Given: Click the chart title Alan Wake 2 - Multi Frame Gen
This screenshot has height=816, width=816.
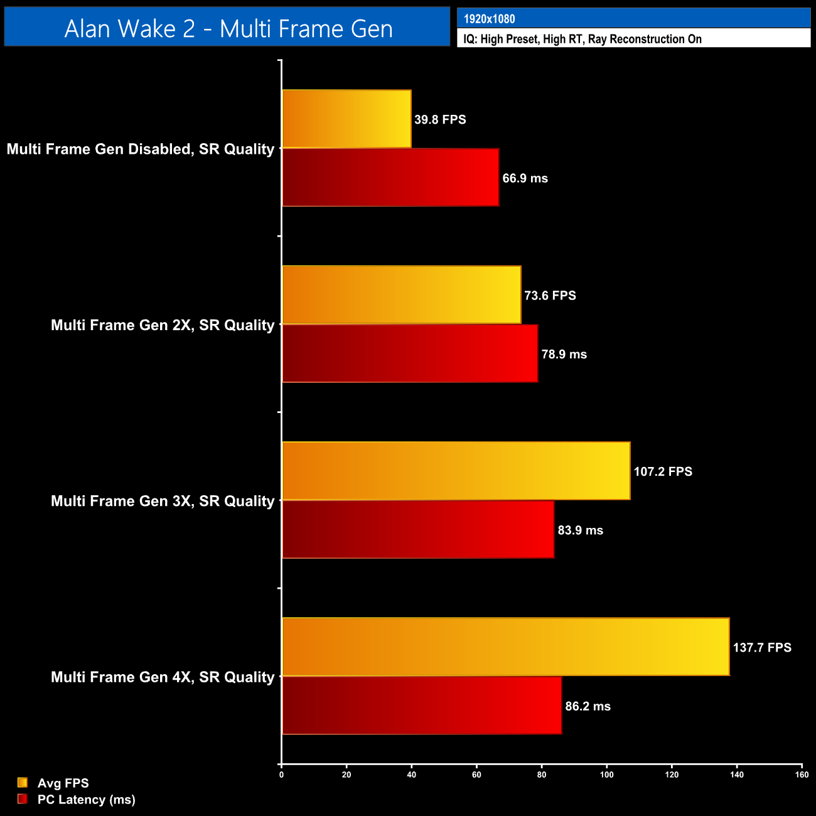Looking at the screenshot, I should (x=228, y=29).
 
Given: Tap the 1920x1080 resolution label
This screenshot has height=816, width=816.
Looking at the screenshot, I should (x=489, y=19).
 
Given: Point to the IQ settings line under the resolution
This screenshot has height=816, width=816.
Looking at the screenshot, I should (x=582, y=39).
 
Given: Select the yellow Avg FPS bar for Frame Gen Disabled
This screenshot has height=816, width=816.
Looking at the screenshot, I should (x=346, y=119).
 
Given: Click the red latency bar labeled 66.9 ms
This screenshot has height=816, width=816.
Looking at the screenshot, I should (x=390, y=178).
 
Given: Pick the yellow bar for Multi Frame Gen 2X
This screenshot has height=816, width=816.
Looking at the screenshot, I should (x=402, y=295).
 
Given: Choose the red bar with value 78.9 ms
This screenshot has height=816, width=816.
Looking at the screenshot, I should (x=410, y=353).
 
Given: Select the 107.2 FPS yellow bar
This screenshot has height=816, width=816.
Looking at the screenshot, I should (x=456, y=471).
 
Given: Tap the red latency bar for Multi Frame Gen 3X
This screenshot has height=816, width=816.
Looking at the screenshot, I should (x=418, y=529).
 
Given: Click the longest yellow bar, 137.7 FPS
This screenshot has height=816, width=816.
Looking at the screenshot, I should (x=506, y=647).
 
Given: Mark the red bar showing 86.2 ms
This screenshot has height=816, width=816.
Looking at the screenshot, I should (x=422, y=706).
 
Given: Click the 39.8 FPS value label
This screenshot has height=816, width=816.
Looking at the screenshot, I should (x=440, y=119).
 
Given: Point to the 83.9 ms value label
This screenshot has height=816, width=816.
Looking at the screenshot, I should (x=580, y=530).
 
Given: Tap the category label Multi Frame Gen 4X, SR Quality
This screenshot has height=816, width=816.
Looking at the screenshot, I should (x=163, y=677).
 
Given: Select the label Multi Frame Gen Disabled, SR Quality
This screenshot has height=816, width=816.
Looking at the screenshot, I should (x=141, y=149).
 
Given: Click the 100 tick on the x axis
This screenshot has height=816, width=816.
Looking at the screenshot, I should (x=606, y=775).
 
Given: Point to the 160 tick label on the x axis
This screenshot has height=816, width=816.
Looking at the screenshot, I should (x=802, y=775).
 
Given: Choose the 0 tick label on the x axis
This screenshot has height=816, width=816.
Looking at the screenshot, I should (x=281, y=775).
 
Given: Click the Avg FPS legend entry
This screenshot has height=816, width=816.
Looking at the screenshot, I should (x=63, y=783).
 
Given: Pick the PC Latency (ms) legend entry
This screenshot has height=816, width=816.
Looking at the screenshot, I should (x=86, y=799).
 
